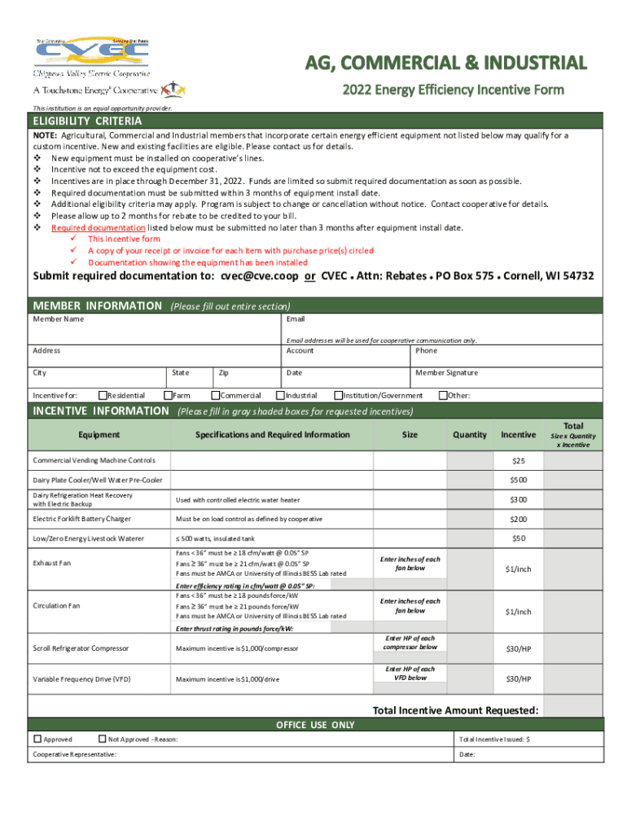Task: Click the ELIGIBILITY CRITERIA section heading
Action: [x=87, y=121]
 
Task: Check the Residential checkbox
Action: [x=102, y=396]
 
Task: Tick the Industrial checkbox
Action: [x=279, y=396]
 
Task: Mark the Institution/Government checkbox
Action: [x=339, y=396]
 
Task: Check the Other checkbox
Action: [x=442, y=396]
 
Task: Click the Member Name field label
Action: [x=58, y=318]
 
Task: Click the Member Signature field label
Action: [x=447, y=372]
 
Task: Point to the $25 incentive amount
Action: [x=518, y=461]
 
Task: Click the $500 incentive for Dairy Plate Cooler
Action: [x=518, y=480]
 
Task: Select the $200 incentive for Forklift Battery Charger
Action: [x=518, y=519]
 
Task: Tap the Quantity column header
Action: [x=470, y=435]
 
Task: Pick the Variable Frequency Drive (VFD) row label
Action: [x=81, y=678]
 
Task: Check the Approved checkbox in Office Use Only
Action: [x=37, y=740]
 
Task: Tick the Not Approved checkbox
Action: [x=102, y=740]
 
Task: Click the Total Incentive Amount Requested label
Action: [x=455, y=710]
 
